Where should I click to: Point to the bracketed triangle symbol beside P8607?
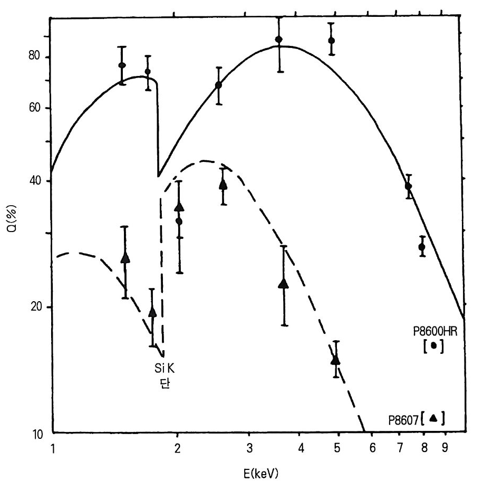(433, 418)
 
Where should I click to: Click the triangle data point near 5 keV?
(335, 360)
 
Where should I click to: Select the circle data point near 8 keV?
(422, 247)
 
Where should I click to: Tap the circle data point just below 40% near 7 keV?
(408, 186)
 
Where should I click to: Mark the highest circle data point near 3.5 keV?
(278, 40)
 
